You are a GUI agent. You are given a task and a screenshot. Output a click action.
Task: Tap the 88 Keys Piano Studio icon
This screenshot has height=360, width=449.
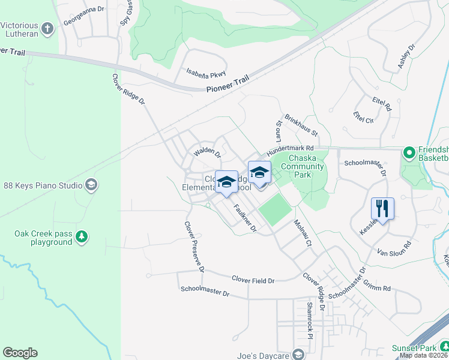point(91,185)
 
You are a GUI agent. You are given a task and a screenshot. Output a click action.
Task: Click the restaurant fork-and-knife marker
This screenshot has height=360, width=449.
point(382,209)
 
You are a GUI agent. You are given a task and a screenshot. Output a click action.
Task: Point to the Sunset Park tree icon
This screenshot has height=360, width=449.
point(444,347)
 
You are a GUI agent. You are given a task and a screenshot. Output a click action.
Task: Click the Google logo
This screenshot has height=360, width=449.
point(20,353)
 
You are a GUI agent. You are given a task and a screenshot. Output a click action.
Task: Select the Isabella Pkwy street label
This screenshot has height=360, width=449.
point(206,73)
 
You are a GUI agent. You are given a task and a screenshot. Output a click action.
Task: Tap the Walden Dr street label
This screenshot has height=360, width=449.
point(207,154)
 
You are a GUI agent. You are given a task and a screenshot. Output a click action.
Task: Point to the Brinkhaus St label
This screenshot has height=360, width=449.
point(301,124)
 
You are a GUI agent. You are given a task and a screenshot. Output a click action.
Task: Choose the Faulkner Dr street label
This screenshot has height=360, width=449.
point(245,220)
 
